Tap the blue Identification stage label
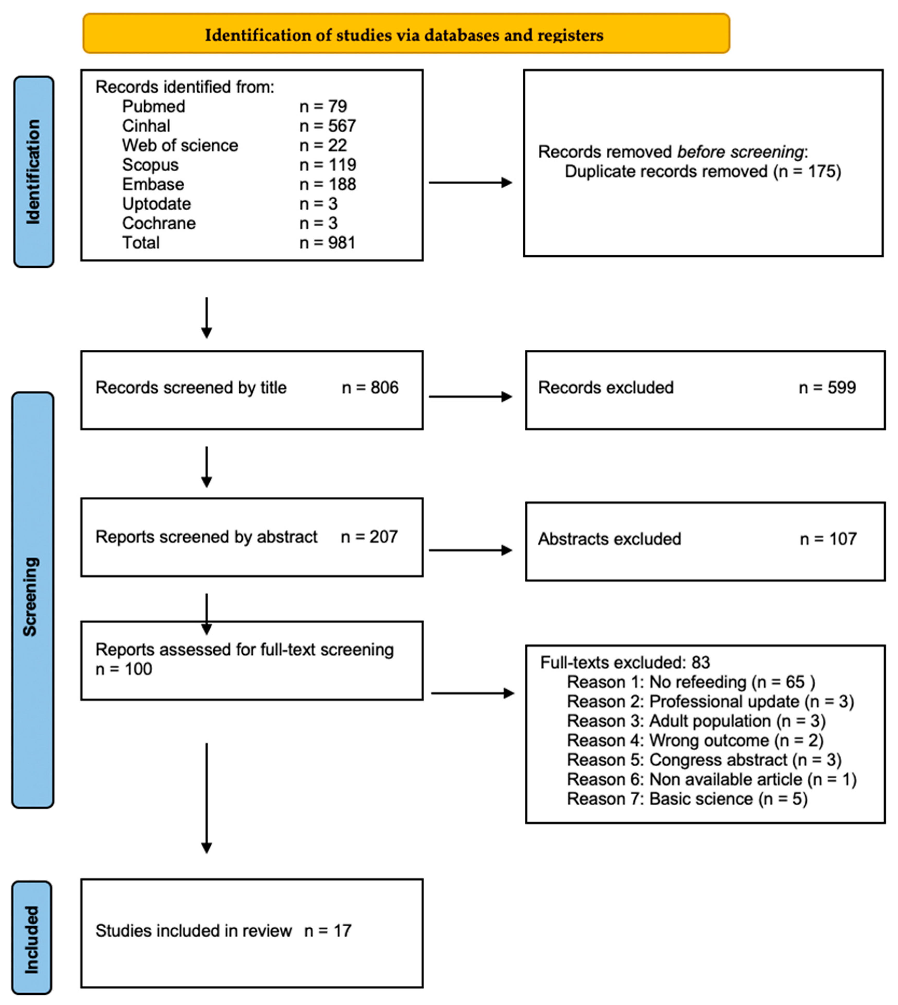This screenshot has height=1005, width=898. click(x=33, y=172)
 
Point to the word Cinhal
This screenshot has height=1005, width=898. click(x=146, y=126)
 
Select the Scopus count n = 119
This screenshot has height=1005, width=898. click(x=328, y=165)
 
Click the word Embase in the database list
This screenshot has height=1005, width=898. click(x=153, y=184)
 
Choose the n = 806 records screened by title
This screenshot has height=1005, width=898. click(x=370, y=388)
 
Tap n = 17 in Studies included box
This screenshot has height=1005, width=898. click(x=328, y=931)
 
